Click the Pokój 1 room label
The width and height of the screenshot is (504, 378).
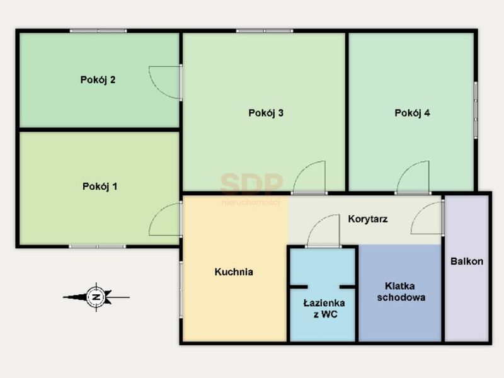click(100, 186)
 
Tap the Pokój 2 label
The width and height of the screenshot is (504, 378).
click(98, 80)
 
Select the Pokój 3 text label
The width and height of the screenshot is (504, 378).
click(266, 113)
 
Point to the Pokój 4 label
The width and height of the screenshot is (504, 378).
click(412, 113)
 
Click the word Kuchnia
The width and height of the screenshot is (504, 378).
click(234, 272)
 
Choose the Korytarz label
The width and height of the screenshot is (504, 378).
click(368, 219)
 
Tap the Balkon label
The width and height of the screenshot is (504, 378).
click(467, 261)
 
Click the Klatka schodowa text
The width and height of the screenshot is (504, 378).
click(401, 292)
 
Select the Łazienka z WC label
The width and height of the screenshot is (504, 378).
click(324, 309)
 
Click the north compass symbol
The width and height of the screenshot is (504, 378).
click(96, 297)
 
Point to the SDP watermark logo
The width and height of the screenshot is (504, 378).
click(251, 188)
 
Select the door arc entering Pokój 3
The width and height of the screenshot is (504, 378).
click(302, 170)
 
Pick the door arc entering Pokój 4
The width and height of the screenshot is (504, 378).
click(406, 170)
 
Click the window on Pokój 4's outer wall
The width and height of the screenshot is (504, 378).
click(476, 110)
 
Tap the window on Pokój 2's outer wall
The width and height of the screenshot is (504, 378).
click(98, 31)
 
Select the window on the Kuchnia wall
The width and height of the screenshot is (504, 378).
click(181, 290)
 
